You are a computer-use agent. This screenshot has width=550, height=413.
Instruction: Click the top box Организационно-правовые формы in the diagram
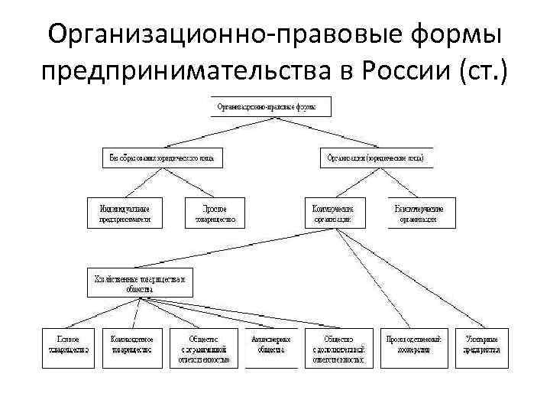click(272, 106)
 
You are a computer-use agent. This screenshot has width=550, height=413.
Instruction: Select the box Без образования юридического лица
click(161, 158)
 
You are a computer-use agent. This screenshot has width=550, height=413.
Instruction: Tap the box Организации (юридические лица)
click(376, 158)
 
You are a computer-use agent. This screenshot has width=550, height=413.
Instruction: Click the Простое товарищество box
click(215, 213)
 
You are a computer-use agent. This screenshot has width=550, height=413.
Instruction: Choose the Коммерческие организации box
click(334, 213)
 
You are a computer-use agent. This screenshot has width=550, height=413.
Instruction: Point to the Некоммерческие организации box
click(419, 213)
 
